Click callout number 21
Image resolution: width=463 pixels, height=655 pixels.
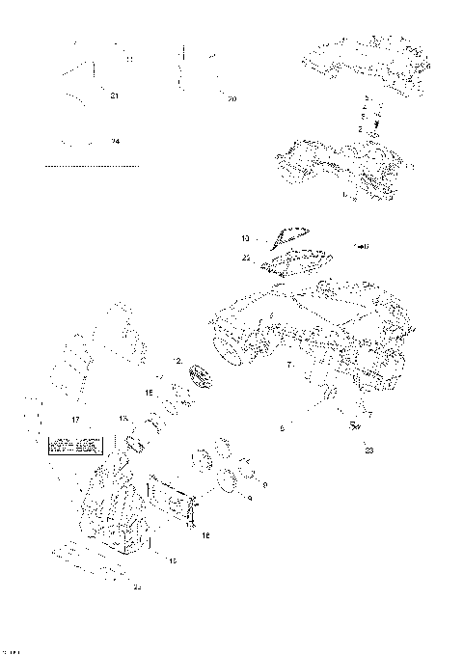click(x=115, y=96)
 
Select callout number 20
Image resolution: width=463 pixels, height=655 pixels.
click(x=231, y=98)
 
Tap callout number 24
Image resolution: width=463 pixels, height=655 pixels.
click(x=115, y=142)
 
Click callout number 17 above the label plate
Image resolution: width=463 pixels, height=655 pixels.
click(x=73, y=421)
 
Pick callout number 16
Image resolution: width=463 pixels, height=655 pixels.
click(x=205, y=534)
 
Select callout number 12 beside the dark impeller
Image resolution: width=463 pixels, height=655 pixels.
click(x=178, y=360)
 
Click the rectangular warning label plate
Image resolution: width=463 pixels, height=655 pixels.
click(x=73, y=446)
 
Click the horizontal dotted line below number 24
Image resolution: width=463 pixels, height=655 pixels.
click(x=93, y=166)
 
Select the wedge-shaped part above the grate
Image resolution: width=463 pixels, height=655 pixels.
click(x=286, y=233)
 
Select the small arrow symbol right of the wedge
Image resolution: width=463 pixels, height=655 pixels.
click(x=363, y=245)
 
